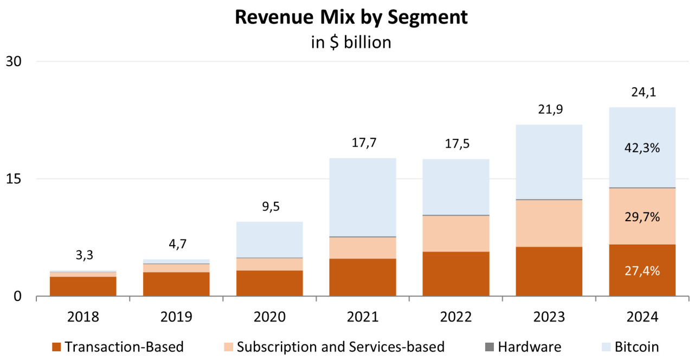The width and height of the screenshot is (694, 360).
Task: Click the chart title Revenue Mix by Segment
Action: pyautogui.click(x=351, y=17)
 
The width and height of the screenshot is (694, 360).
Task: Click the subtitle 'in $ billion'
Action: pyautogui.click(x=351, y=42)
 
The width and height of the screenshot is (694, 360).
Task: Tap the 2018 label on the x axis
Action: pyautogui.click(x=83, y=317)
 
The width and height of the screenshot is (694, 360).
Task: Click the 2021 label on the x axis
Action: pyautogui.click(x=363, y=317)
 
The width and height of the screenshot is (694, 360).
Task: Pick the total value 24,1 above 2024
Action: pyautogui.click(x=642, y=92)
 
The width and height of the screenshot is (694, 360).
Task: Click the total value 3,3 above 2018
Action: pyautogui.click(x=83, y=255)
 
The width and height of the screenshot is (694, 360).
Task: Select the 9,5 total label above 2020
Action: pyautogui.click(x=269, y=207)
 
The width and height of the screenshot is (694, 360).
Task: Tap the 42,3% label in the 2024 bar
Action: pyautogui.click(x=642, y=147)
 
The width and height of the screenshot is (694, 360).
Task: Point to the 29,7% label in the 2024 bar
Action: pyautogui.click(x=642, y=217)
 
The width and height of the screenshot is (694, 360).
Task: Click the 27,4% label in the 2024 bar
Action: pyautogui.click(x=642, y=271)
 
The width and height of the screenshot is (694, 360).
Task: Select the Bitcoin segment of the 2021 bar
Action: pyautogui.click(x=363, y=197)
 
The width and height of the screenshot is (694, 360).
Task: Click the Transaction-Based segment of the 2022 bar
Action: pyautogui.click(x=456, y=274)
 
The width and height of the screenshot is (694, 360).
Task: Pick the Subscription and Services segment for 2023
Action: pyautogui.click(x=549, y=223)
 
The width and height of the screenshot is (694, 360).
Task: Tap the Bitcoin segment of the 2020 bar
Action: pyautogui.click(x=269, y=240)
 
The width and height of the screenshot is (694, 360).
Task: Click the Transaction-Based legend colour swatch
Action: pyautogui.click(x=57, y=346)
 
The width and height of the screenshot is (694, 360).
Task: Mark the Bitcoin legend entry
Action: pyautogui.click(x=637, y=346)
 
